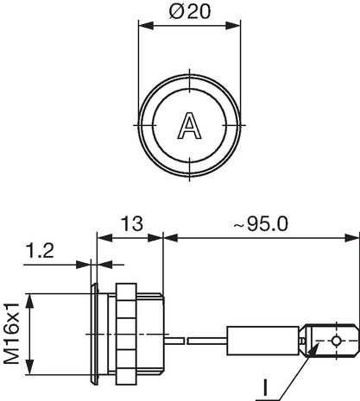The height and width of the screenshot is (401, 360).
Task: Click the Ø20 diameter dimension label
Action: pyautogui.click(x=190, y=11)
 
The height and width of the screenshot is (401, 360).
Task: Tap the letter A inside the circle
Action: pyautogui.click(x=190, y=126)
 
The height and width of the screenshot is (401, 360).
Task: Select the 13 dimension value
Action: pyautogui.click(x=132, y=223)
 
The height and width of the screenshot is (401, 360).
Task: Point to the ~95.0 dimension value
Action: pyautogui.click(x=261, y=223)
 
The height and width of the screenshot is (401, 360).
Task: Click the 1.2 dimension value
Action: pyautogui.click(x=40, y=250)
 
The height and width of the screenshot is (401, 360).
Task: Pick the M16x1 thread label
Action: pyautogui.click(x=11, y=334)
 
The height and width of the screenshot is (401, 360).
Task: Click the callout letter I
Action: pyautogui.click(x=266, y=388)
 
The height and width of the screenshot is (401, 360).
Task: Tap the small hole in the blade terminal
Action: pyautogui.click(x=336, y=341)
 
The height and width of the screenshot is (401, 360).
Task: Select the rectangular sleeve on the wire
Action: pyautogui.click(x=262, y=341)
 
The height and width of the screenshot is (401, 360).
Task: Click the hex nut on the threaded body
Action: pyautogui.click(x=126, y=334)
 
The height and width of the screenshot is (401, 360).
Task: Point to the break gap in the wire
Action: pyautogui.click(x=186, y=341)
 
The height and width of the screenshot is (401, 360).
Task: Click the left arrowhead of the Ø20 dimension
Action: pyautogui.click(x=146, y=25)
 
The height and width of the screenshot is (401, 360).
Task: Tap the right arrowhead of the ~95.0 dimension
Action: pyautogui.click(x=352, y=238)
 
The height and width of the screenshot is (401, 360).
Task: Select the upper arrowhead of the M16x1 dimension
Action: pyautogui.click(x=29, y=301)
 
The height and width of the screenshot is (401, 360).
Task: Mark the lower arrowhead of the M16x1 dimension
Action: pyautogui.click(x=29, y=367)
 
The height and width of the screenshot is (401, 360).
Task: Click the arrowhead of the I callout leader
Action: pyautogui.click(x=313, y=348)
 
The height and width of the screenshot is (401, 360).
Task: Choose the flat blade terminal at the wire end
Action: pyautogui.click(x=331, y=341)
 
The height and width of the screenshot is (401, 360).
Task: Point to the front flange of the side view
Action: pyautogui.click(x=94, y=334)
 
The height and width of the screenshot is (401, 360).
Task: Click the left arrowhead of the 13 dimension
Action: pyautogui.click(x=104, y=238)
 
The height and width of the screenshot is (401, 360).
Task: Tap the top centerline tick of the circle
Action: pyautogui.click(x=189, y=80)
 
